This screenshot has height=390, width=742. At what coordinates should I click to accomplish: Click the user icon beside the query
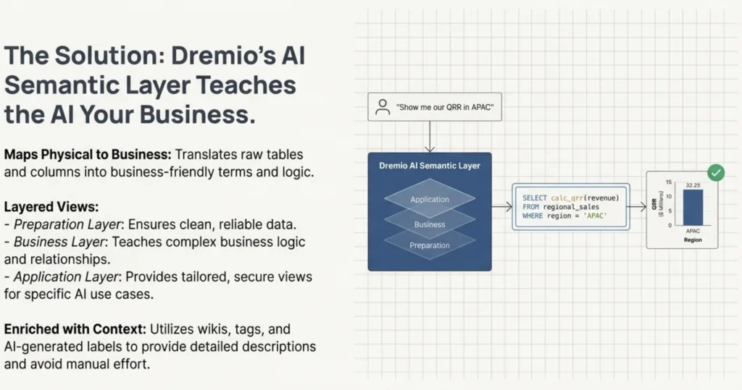click(382, 108)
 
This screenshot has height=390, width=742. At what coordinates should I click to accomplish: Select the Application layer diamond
click(430, 199)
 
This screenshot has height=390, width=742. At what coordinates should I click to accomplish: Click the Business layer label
click(430, 224)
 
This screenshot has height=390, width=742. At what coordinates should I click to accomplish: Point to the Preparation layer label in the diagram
click(430, 245)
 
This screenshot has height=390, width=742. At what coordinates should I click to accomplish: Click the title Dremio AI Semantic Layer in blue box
click(430, 166)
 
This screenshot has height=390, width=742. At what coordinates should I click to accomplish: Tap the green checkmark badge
click(715, 172)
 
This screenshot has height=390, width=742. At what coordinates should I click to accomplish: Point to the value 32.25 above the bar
click(693, 185)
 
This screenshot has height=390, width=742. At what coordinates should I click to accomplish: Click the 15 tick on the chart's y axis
click(669, 182)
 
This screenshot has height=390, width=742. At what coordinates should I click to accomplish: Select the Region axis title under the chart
click(693, 239)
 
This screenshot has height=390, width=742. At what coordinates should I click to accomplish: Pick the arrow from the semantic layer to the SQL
click(501, 207)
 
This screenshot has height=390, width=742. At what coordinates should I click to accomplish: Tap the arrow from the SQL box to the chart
click(637, 207)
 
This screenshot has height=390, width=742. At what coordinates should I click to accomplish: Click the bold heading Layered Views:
click(51, 207)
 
